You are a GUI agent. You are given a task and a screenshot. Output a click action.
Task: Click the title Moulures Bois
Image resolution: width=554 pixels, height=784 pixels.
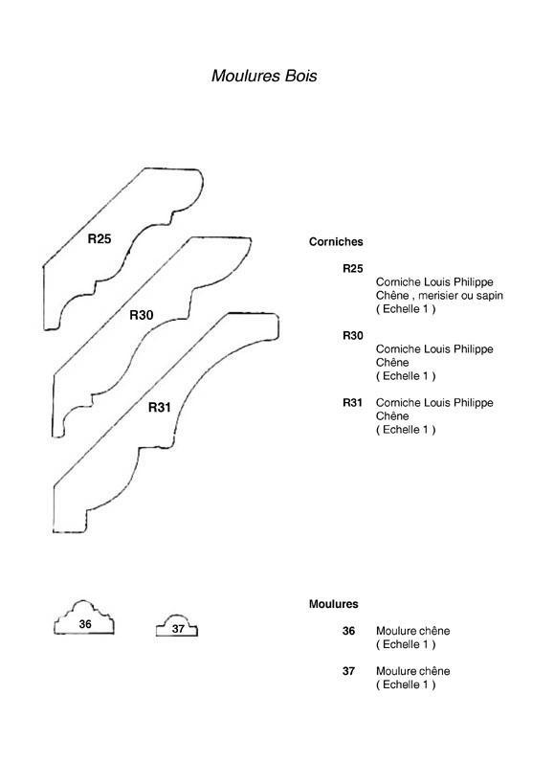(x=264, y=76)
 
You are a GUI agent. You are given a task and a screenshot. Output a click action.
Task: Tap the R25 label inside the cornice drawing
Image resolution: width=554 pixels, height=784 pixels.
(x=100, y=239)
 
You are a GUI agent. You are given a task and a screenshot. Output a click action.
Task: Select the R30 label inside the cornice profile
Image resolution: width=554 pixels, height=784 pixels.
(x=142, y=315)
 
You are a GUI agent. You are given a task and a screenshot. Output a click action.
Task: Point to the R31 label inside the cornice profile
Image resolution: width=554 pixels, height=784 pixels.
(x=160, y=408)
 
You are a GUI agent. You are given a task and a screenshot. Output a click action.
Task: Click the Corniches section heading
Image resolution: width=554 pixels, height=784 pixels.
(x=336, y=242)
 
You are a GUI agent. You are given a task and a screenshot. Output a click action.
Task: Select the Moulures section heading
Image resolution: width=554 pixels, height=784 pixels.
(x=333, y=604)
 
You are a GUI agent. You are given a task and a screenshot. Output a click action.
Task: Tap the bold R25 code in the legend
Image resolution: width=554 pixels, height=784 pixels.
(x=353, y=269)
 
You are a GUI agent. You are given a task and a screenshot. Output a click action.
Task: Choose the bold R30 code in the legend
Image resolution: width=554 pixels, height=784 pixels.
(x=353, y=335)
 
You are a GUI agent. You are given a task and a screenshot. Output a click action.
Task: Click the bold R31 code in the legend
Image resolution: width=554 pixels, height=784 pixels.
(x=352, y=402)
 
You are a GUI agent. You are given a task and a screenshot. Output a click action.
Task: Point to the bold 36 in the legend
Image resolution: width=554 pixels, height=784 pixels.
(x=348, y=631)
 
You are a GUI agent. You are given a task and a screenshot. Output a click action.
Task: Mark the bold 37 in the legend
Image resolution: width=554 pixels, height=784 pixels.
(x=348, y=671)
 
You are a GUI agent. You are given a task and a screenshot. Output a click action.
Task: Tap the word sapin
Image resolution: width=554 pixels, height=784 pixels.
(x=489, y=296)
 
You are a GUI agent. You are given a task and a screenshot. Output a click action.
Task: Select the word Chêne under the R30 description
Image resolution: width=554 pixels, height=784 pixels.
(x=392, y=363)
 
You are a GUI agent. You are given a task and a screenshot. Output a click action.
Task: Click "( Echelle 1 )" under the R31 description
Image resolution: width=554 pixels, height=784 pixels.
(x=406, y=430)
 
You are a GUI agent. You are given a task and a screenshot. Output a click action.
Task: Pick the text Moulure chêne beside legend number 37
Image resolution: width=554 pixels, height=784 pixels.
(x=412, y=671)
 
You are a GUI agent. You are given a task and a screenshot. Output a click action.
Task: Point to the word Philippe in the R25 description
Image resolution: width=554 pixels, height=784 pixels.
(x=473, y=282)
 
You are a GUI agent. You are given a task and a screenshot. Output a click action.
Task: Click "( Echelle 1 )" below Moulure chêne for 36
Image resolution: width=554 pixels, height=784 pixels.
(x=406, y=644)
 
